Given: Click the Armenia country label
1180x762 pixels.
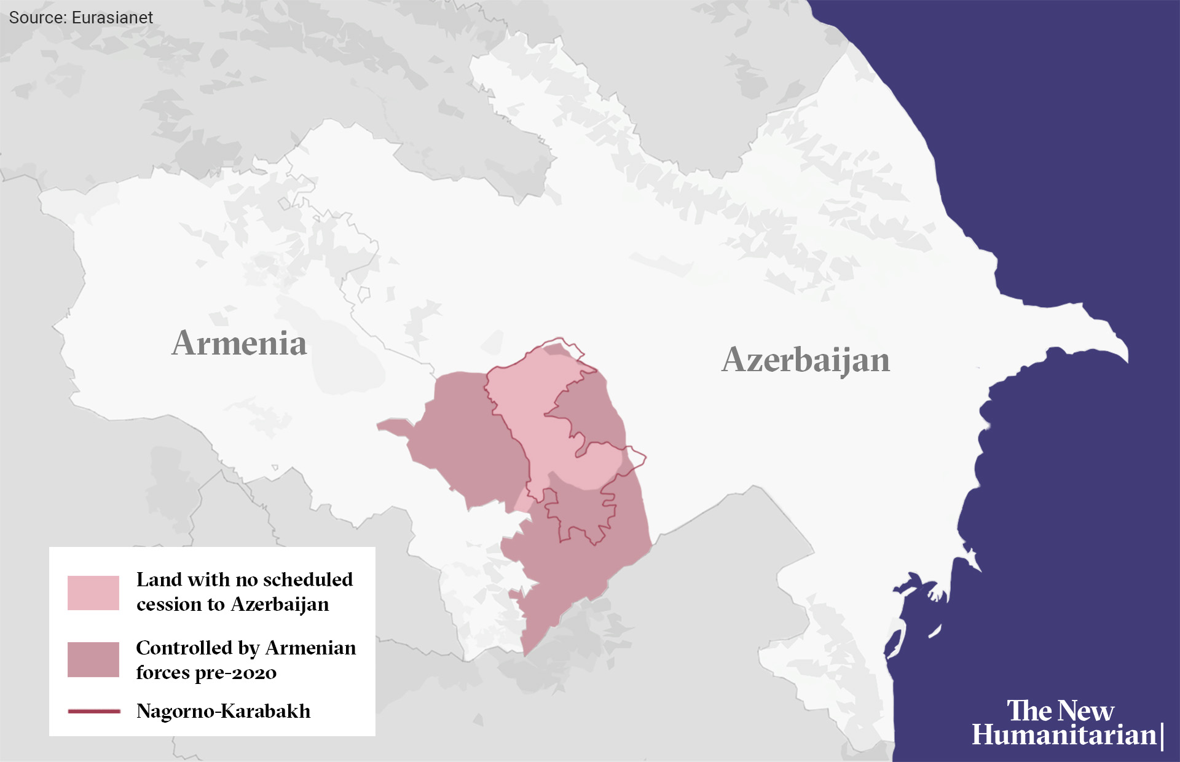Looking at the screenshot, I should pos(239,343).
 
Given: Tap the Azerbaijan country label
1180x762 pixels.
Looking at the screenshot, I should pos(805,359).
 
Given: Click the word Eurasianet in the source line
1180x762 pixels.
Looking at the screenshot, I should pos(112,18).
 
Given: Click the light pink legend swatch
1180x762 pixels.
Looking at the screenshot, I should pos(93,592).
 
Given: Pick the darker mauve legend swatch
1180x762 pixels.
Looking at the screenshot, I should pos(93,659).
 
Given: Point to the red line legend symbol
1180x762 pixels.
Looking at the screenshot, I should pos(93,711).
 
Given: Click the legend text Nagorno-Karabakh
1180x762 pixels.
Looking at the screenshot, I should pos(223,711).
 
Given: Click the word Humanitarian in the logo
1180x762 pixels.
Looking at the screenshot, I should pos(1063,735).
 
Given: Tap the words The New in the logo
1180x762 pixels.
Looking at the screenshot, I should pos(1060,710).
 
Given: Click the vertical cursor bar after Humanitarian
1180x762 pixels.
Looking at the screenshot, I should pos(1162,737).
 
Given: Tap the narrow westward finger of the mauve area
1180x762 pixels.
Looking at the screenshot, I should pos(393,426).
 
